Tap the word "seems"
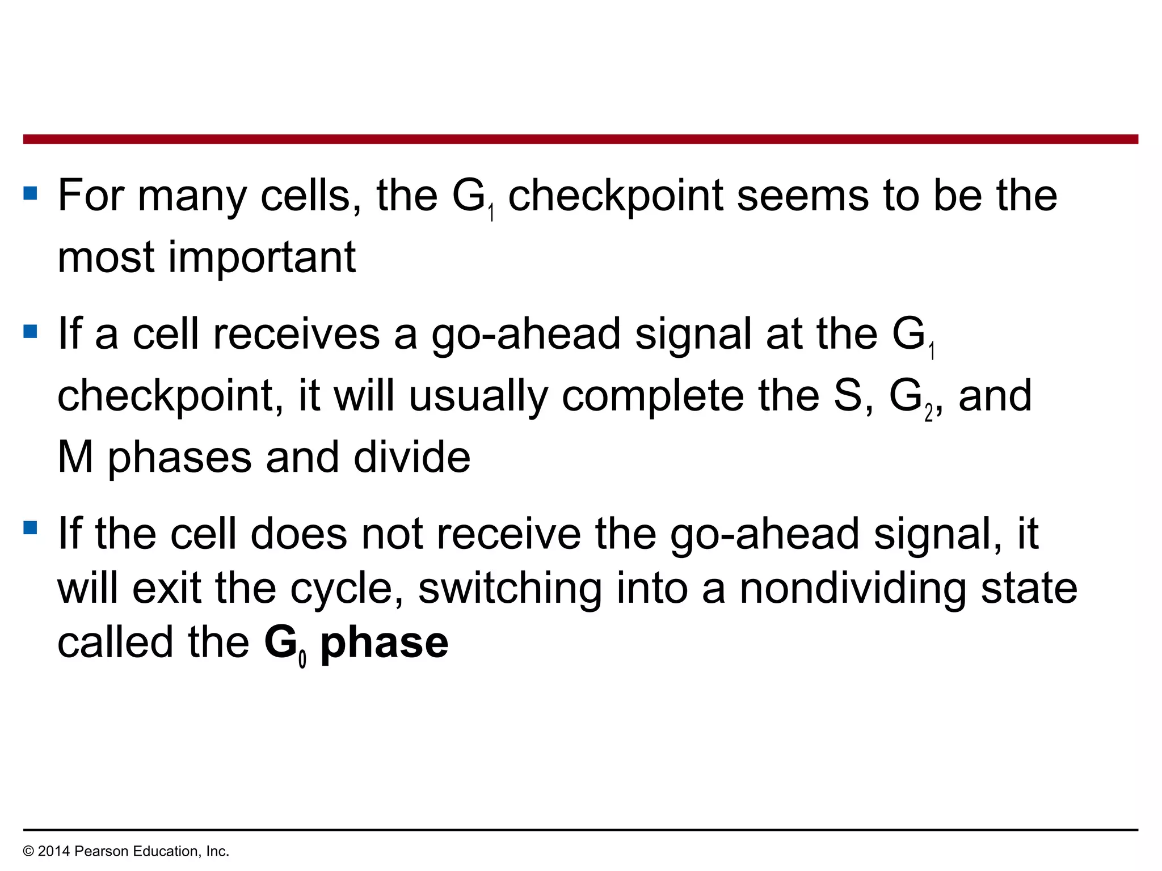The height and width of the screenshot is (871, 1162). (x=802, y=196)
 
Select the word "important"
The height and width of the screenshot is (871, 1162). (x=262, y=258)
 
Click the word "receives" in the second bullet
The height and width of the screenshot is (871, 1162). (x=296, y=334)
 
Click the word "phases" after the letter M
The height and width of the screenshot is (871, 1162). (x=179, y=458)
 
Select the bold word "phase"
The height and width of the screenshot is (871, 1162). (x=384, y=644)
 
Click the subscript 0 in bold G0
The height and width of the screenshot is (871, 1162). (x=302, y=659)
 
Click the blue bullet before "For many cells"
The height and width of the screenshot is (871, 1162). (x=30, y=194)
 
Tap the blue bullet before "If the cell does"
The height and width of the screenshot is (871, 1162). (x=30, y=528)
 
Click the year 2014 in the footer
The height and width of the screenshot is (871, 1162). (x=54, y=851)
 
